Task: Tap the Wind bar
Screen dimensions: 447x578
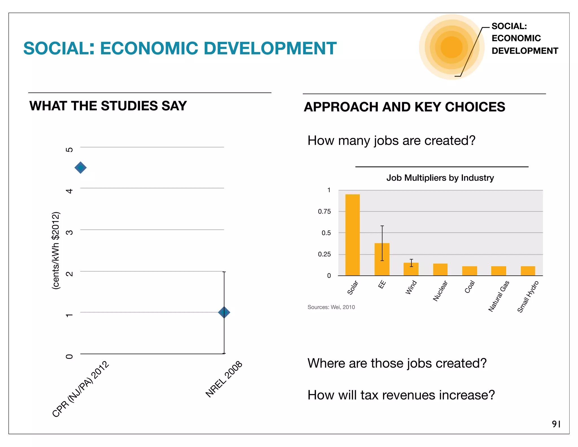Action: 411,269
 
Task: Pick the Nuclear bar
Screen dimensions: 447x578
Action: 440,270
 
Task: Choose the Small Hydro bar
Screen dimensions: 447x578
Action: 528,271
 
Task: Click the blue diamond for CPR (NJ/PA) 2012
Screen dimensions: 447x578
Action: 80,168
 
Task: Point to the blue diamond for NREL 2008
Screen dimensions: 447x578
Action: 224,312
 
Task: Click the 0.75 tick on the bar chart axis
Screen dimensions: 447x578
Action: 324,211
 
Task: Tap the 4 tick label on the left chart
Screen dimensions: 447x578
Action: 69,191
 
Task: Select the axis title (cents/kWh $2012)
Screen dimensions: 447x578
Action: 56,250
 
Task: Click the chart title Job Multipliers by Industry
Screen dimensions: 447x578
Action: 440,178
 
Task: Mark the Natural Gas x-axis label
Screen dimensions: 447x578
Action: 499,296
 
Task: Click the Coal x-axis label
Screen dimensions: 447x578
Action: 470,287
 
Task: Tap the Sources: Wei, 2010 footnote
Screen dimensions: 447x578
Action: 331,307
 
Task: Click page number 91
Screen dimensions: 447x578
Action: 556,424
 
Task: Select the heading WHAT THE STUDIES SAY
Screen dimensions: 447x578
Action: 108,106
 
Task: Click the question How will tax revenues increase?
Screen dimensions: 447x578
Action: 401,395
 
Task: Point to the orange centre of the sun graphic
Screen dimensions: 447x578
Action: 451,47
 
